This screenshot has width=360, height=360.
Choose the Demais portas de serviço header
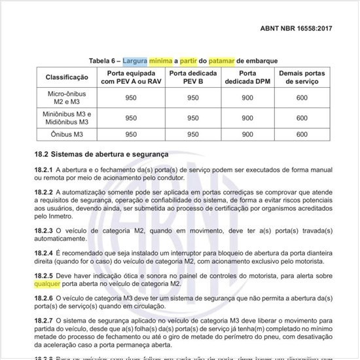point(301,77)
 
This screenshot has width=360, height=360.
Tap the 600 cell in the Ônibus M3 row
point(301,134)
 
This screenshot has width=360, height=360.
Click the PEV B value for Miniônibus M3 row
point(193,118)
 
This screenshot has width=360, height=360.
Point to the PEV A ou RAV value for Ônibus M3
point(131,134)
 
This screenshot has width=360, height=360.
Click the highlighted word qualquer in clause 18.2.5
point(49,285)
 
